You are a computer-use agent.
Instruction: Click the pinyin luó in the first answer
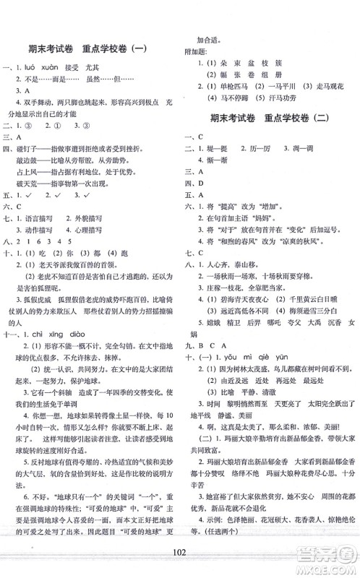point(31,65)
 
